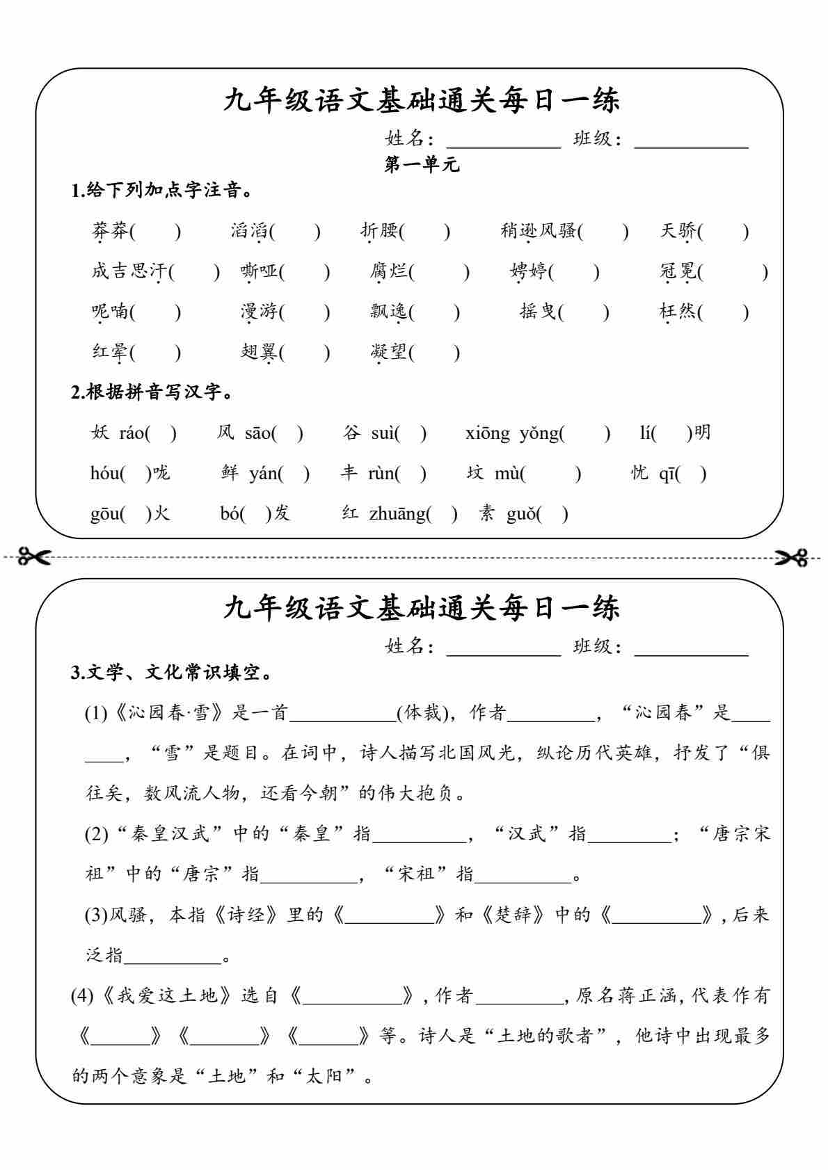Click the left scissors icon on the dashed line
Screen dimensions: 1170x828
35,556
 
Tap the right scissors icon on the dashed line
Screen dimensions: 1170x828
793,556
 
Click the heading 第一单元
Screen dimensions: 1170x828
422,165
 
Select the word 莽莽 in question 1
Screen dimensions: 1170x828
111,230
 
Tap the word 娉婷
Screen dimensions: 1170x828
528,271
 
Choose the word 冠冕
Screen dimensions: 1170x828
678,271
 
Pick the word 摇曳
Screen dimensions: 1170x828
538,311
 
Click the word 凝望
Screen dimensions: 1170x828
389,351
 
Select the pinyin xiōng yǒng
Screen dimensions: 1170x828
512,433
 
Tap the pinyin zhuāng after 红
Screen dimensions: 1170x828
397,514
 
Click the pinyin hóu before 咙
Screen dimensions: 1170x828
104,474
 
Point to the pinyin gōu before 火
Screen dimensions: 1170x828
104,514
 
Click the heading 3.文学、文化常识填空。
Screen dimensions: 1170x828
171,673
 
